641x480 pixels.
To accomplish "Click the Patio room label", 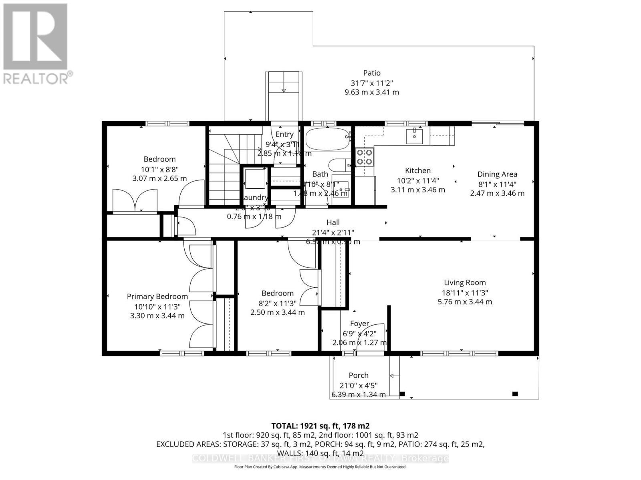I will [371, 73].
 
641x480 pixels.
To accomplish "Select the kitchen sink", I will [414, 136].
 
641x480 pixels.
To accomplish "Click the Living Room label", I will [465, 282].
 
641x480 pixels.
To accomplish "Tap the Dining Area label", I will [497, 174].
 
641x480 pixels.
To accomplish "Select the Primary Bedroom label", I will [157, 296].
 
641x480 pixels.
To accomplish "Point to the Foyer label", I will [359, 324].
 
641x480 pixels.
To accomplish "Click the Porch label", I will [358, 375].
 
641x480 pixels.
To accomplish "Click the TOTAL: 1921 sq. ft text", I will [320, 426].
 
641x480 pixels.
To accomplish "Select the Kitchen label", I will [417, 170].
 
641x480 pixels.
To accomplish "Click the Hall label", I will [333, 222].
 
